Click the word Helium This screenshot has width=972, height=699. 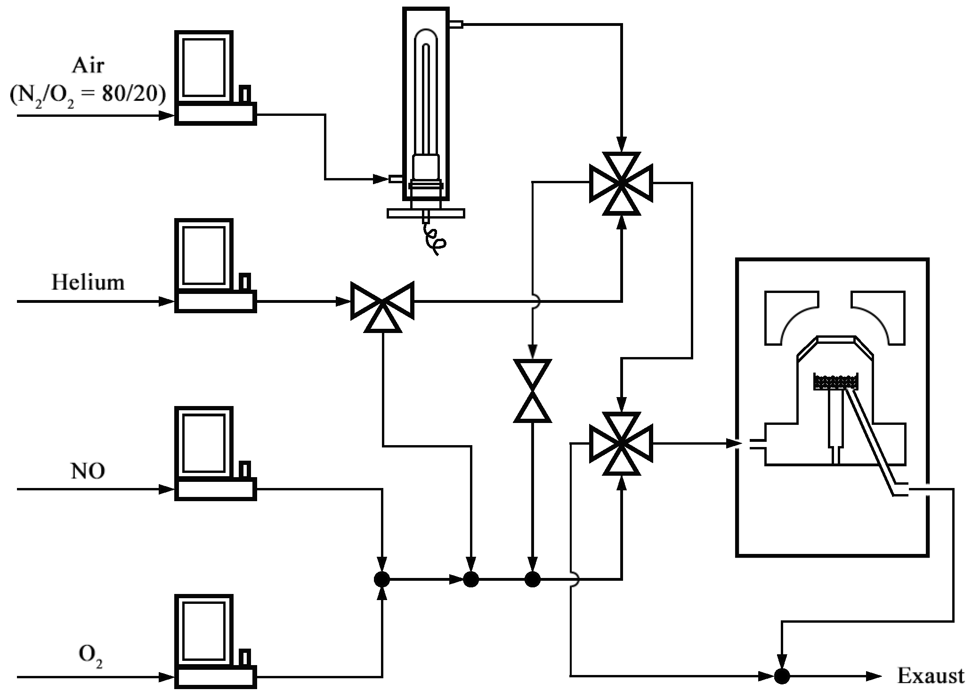88,283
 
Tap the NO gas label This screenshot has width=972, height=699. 88,471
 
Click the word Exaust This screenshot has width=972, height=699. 931,676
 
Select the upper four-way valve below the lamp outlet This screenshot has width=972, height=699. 621,183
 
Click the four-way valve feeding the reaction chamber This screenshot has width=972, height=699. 621,443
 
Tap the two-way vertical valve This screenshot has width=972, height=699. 532,390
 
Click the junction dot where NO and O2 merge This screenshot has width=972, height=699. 382,579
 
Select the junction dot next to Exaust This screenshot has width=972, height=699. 782,676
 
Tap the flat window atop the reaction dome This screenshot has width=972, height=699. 836,339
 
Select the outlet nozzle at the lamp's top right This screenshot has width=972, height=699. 456,24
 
